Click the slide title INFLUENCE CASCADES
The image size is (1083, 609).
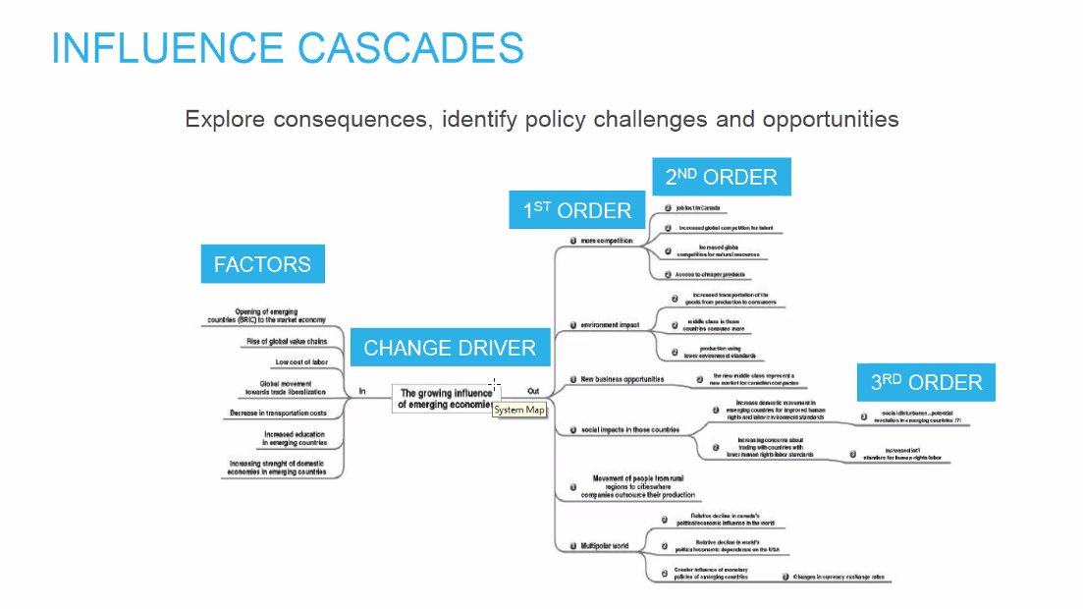pyautogui.click(x=287, y=48)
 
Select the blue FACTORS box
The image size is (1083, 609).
pyautogui.click(x=262, y=264)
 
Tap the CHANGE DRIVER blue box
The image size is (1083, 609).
pyautogui.click(x=450, y=348)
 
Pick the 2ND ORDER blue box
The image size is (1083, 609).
pyautogui.click(x=721, y=177)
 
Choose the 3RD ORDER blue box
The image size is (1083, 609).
pyautogui.click(x=926, y=383)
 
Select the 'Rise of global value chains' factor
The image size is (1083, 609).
pyautogui.click(x=286, y=342)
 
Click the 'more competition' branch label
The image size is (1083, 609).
pyautogui.click(x=607, y=241)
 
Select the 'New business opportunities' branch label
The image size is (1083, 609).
pyautogui.click(x=623, y=379)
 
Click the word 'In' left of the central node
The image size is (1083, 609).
pyautogui.click(x=362, y=391)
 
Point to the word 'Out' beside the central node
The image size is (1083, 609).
pyautogui.click(x=533, y=390)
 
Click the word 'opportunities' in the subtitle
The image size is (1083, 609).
pyautogui.click(x=834, y=120)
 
